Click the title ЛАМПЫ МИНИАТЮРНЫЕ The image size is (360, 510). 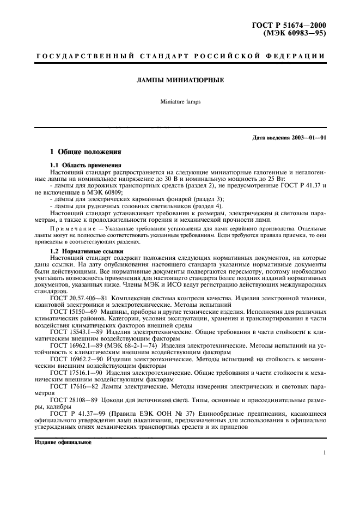tap(180, 80)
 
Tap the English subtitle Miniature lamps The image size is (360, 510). tap(180, 101)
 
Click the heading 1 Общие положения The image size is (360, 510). tap(86, 151)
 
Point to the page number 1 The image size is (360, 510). tap(324, 453)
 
